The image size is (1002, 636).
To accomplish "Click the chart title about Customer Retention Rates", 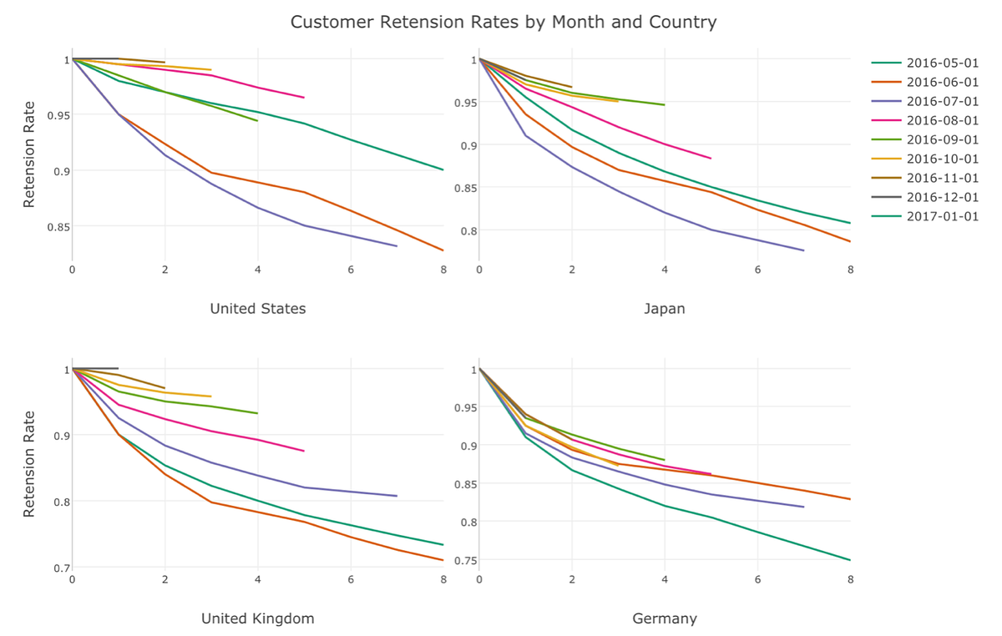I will click(503, 22).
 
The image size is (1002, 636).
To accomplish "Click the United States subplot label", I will click(257, 309).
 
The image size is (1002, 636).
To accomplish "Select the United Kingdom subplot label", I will click(257, 618).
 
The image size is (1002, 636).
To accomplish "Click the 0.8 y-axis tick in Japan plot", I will click(463, 231).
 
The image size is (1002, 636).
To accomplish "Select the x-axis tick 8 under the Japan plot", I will click(850, 270).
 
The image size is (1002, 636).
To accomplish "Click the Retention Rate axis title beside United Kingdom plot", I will click(29, 463).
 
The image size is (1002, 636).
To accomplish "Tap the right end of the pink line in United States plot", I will click(304, 98).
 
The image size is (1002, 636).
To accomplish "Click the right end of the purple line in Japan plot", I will click(803, 250).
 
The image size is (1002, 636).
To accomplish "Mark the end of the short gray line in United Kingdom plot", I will click(118, 368).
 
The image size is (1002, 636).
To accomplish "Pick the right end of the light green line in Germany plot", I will click(665, 460).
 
